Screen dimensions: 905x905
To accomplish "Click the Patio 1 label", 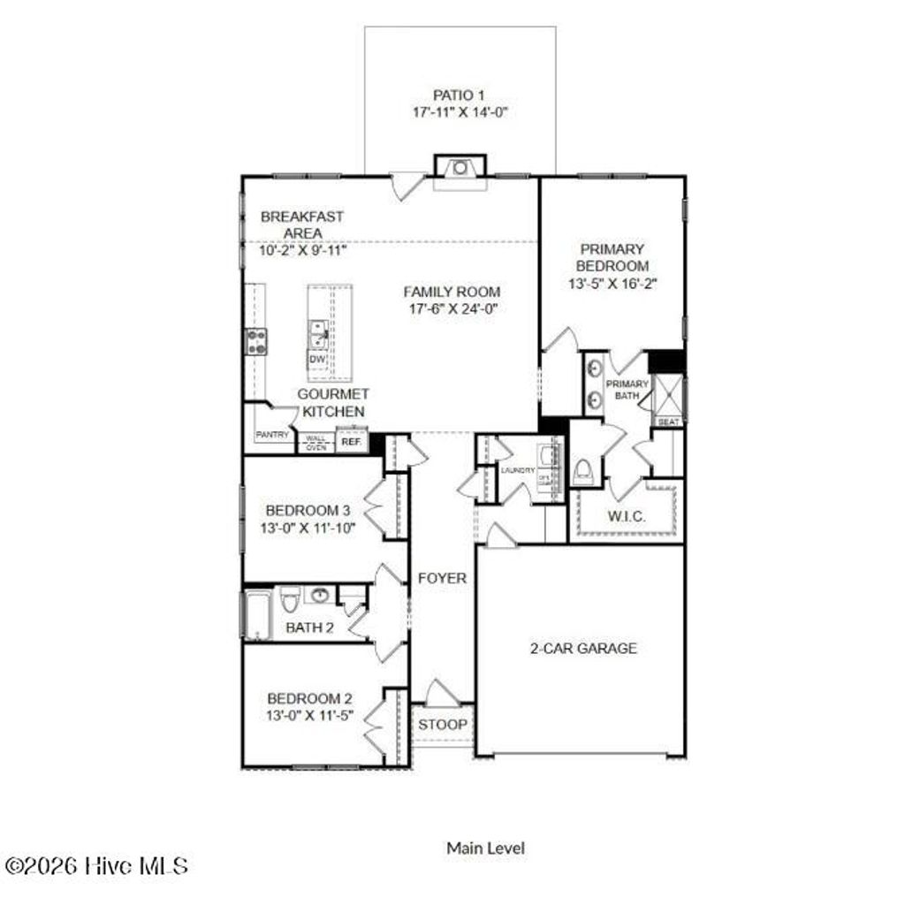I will pos(460,95).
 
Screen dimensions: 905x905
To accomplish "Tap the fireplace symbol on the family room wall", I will pos(460,167).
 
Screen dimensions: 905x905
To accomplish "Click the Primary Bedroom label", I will pos(612,257).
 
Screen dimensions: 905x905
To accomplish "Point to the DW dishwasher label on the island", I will pos(316,360).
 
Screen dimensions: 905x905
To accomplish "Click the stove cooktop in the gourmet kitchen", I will pos(255,341).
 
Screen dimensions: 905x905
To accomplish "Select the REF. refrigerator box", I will pos(351,441).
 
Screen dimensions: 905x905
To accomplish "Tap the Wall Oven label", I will pos(316,442).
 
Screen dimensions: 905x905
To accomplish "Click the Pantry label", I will pos(272,436).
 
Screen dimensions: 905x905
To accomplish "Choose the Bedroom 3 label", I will pos(308,511).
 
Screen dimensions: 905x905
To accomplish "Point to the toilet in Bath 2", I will pos(287,602).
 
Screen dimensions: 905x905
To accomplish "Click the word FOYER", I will pos(442,579).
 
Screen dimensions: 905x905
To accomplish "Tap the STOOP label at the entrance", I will pos(443,725).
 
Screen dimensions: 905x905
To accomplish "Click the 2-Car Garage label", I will pos(582,648).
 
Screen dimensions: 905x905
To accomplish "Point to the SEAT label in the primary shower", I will pos(669,422).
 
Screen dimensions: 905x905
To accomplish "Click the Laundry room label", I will pos(517,470).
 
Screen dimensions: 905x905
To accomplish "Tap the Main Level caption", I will pos(485,848).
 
